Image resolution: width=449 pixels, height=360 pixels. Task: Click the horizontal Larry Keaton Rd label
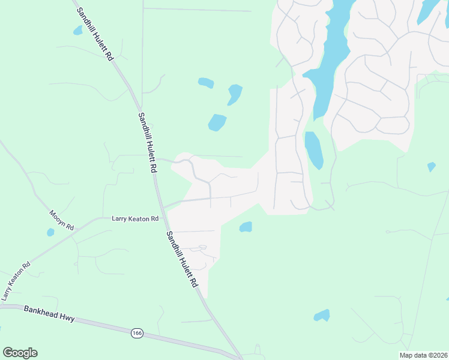135,219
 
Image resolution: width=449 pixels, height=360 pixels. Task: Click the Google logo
20,353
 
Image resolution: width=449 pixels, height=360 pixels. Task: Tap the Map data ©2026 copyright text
424,355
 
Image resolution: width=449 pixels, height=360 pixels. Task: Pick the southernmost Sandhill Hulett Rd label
182,259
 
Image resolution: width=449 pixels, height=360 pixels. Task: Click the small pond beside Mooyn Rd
50,232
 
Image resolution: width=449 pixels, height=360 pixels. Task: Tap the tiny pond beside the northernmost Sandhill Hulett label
77,30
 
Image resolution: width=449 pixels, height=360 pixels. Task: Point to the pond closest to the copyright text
322,315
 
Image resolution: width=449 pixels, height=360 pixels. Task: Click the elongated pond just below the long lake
313,150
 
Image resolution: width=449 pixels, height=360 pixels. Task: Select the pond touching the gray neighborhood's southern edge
246,227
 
